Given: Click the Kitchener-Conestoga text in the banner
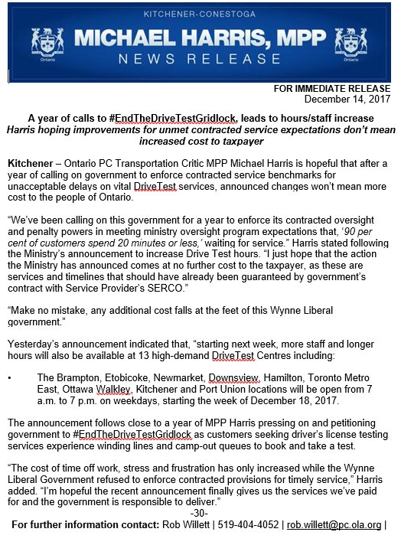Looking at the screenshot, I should (x=200, y=15).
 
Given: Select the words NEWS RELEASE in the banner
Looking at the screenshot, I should (x=200, y=59).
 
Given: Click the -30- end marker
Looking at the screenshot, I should (x=200, y=512).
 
